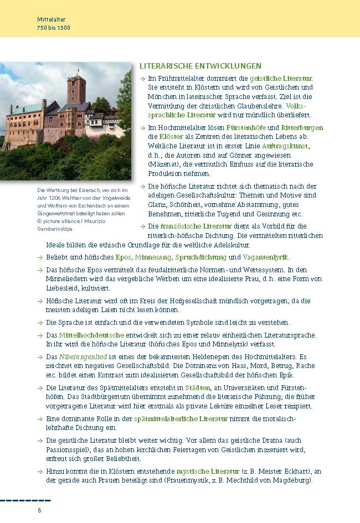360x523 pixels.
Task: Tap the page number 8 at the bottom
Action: click(x=39, y=510)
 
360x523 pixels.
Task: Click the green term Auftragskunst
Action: click(x=284, y=146)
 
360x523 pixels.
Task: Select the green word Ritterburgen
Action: click(x=302, y=127)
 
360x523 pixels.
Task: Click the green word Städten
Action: click(x=197, y=387)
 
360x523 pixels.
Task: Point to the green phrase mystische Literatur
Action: click(x=208, y=472)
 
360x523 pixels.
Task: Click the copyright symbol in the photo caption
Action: click(x=40, y=213)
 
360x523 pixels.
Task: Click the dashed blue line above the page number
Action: click(x=25, y=500)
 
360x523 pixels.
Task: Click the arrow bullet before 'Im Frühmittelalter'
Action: click(x=143, y=79)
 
